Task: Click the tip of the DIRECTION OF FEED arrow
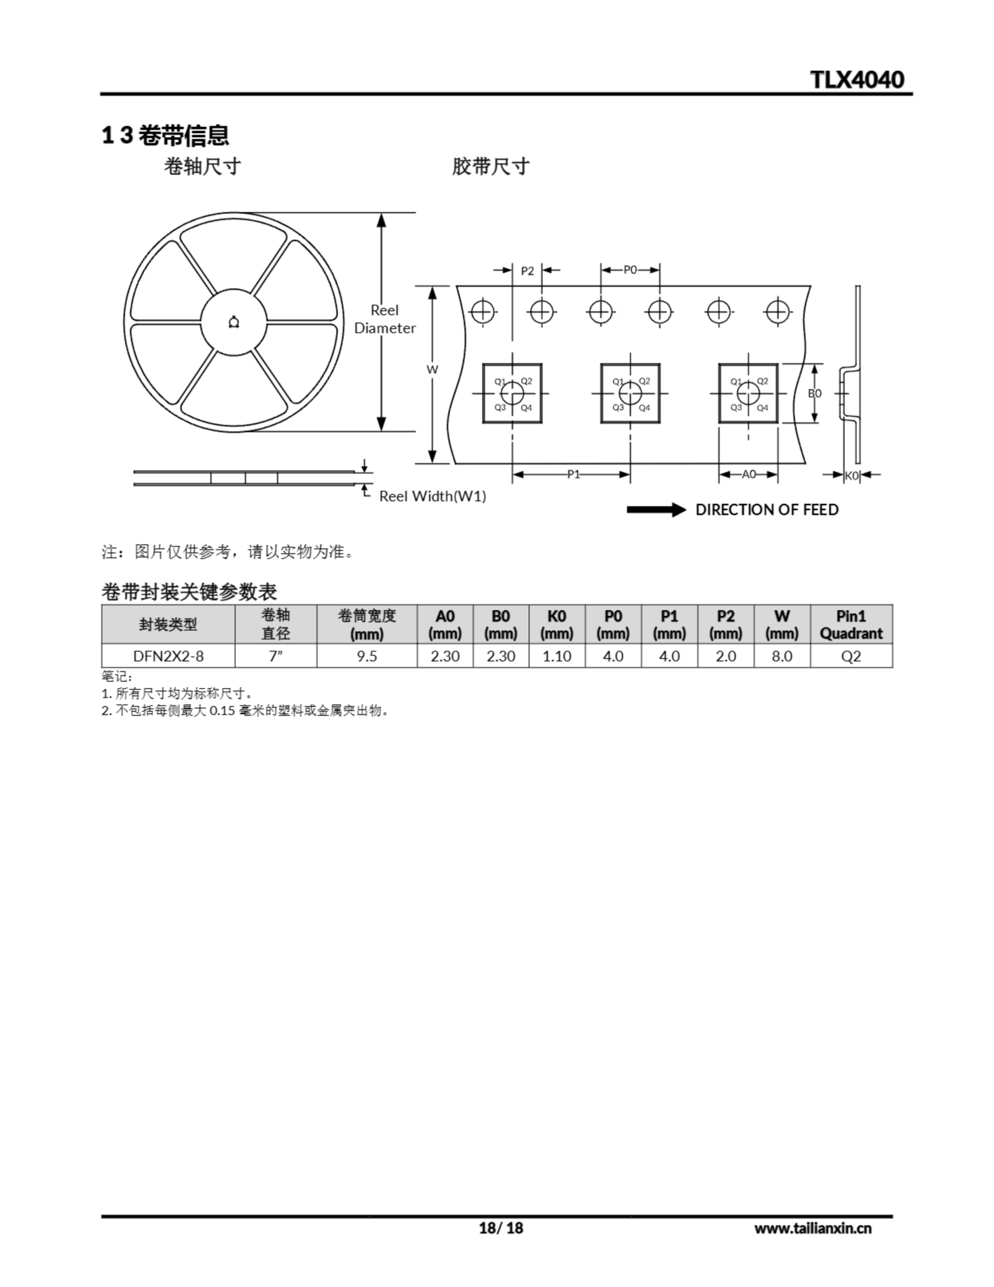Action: [686, 510]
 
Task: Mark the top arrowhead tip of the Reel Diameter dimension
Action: [381, 213]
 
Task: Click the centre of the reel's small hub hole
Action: [234, 322]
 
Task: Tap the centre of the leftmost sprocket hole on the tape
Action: [482, 312]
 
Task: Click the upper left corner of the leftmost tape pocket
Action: [483, 364]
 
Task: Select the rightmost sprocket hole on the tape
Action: [777, 312]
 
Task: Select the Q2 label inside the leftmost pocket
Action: [526, 381]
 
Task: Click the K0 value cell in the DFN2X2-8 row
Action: [557, 656]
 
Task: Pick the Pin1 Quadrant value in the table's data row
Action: [851, 656]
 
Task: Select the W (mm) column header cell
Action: [782, 624]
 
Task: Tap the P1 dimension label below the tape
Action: [573, 475]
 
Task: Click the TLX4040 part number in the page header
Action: [857, 79]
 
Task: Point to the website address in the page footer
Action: [813, 1228]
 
